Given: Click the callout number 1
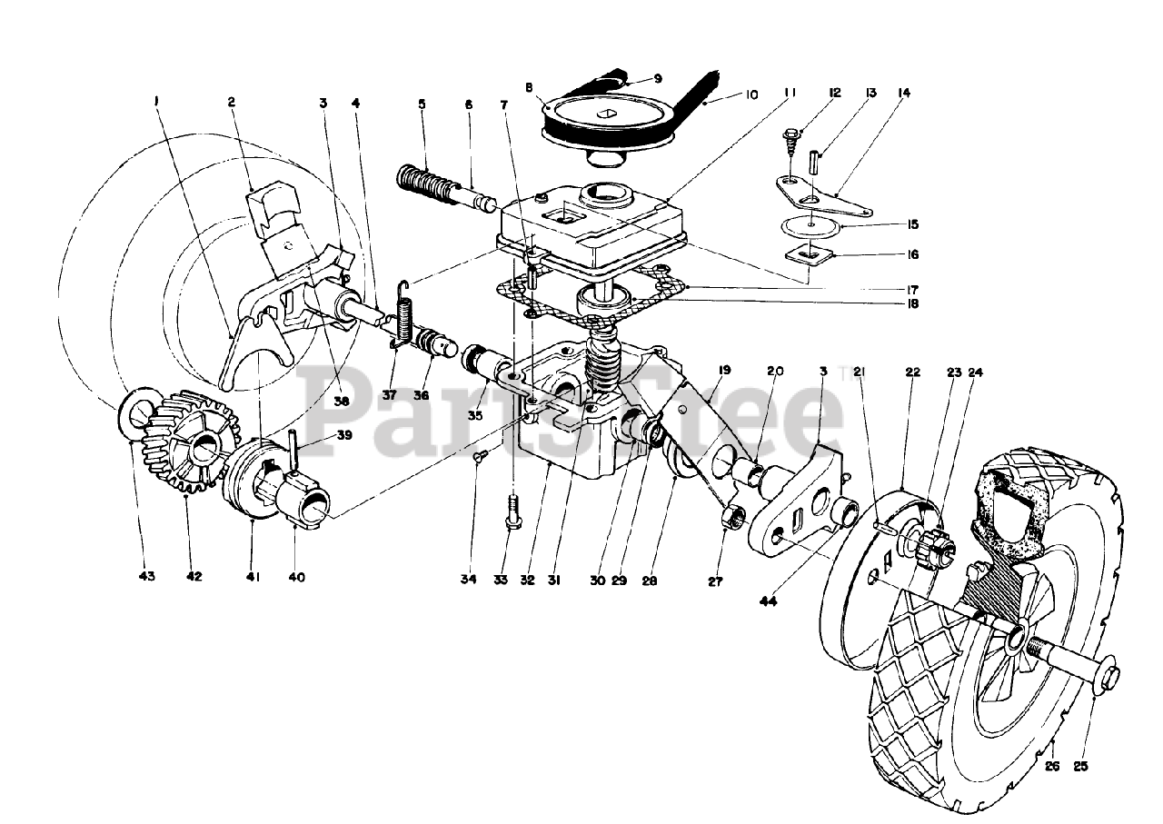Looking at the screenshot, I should coord(156,103).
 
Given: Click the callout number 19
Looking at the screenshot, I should coord(724,371).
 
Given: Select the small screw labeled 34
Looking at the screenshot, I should coord(480,457).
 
